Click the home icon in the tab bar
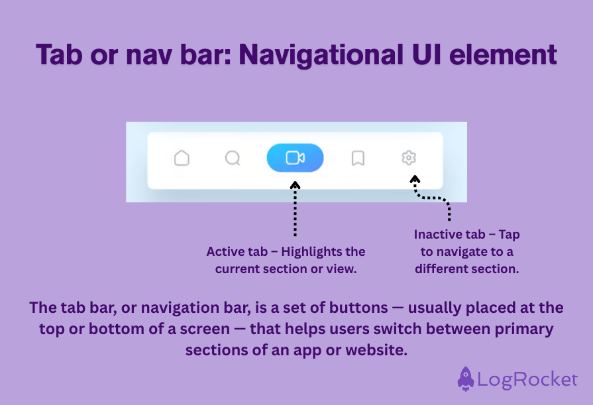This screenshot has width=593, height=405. (182, 158)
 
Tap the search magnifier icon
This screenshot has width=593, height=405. (233, 158)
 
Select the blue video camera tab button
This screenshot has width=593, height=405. (295, 158)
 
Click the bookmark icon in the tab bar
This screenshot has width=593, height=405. (358, 158)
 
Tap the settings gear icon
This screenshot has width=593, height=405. (409, 158)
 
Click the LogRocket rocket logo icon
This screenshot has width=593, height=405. (466, 378)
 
